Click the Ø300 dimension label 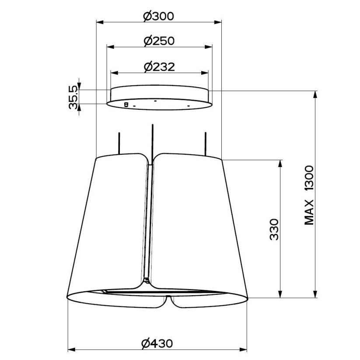tap(158, 16)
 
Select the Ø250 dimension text tap(159, 41)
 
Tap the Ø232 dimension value tap(159, 67)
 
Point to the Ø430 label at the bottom tap(157, 343)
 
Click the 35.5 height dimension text tap(73, 97)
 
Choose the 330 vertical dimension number tap(274, 230)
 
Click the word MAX tap(309, 212)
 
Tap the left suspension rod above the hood tap(119, 143)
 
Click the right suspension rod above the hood tap(206, 144)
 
